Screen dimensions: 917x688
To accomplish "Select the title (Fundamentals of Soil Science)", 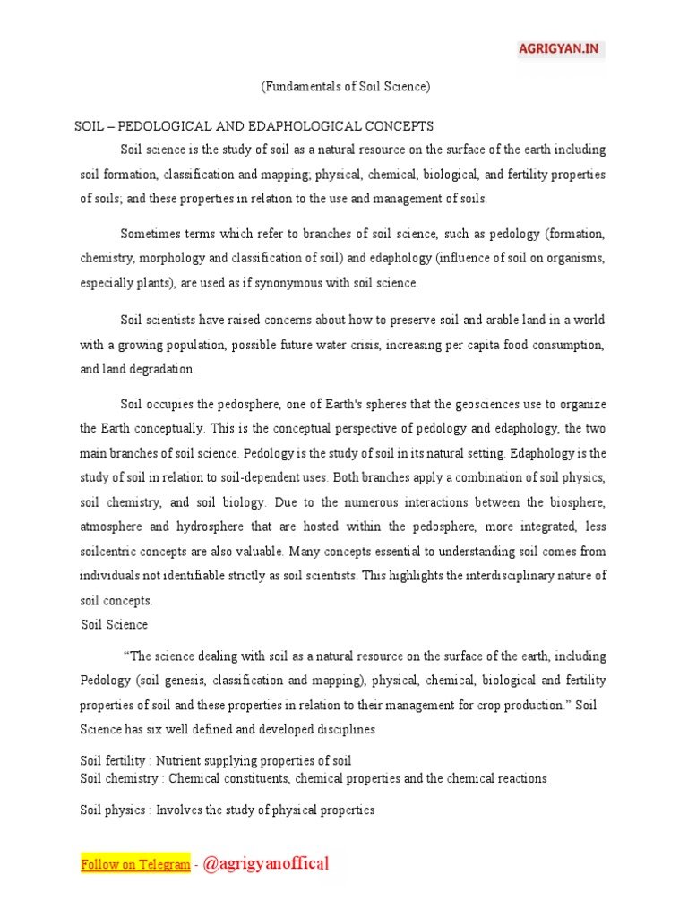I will pos(346,87).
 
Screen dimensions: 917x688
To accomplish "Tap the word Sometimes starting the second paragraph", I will pos(150,235).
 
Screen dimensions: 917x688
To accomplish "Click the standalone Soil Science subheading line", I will pos(114,624).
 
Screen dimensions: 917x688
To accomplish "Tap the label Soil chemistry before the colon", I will pos(118,778).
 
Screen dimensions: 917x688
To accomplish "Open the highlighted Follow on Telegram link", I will pos(135,864).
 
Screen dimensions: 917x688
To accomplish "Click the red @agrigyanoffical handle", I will pos(266,864).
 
